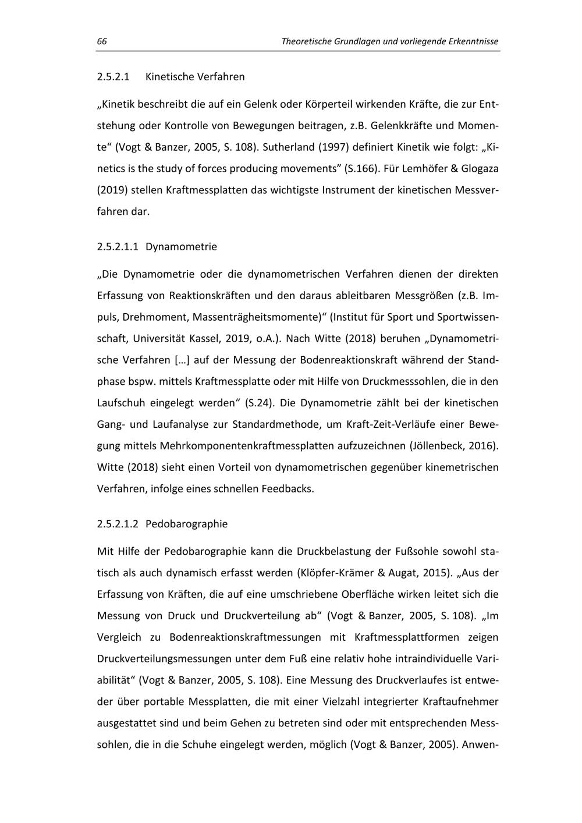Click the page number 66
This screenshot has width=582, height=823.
pos(102,42)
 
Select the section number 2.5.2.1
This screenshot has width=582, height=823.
pos(113,77)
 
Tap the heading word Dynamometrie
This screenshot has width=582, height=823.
pos(181,247)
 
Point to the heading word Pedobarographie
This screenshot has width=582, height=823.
pos(186,524)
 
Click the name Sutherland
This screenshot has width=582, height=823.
pos(289,147)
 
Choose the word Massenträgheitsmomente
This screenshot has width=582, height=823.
pos(257,317)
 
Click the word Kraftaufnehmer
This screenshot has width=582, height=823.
pos(460,702)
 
